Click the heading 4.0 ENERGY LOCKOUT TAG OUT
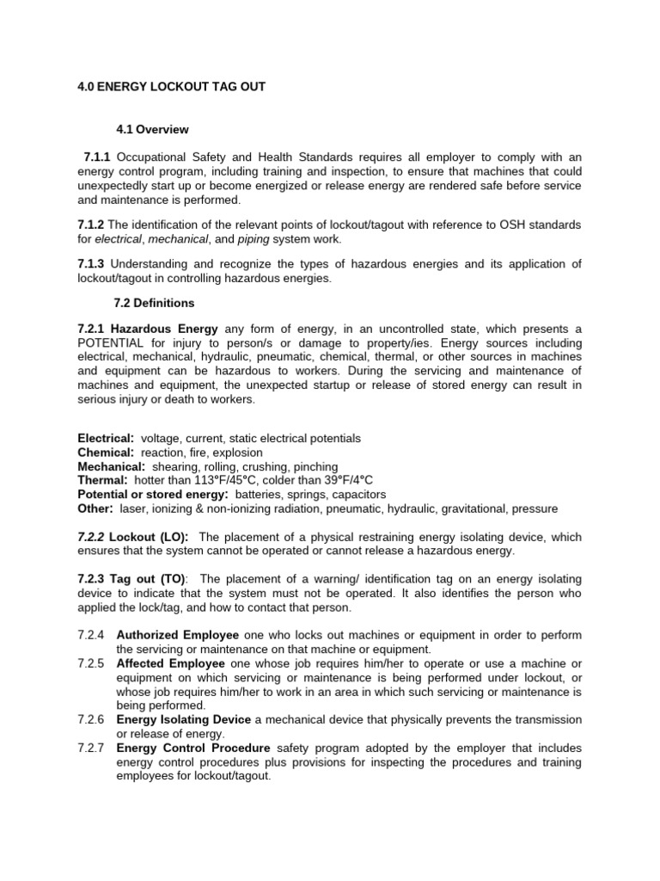[171, 87]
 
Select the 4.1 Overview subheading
[152, 130]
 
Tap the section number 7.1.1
[98, 157]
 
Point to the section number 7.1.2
[90, 225]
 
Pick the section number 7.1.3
[90, 264]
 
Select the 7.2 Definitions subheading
[154, 304]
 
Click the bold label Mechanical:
[111, 466]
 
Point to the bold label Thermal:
[102, 480]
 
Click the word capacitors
[357, 495]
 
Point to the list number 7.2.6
[90, 719]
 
